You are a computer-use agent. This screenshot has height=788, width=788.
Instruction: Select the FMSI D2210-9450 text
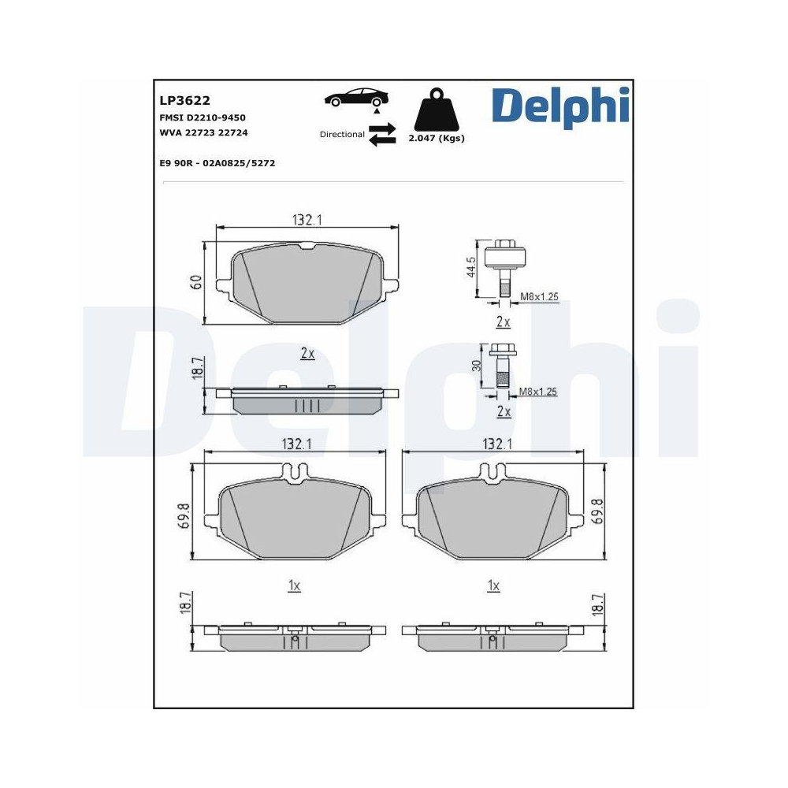click(x=203, y=117)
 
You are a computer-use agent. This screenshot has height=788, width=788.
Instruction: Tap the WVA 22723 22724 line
click(x=203, y=132)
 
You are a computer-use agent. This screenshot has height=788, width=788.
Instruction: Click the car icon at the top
click(x=356, y=98)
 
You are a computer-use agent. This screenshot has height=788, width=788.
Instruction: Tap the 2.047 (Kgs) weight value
click(x=436, y=138)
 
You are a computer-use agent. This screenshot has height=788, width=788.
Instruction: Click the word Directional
click(x=342, y=135)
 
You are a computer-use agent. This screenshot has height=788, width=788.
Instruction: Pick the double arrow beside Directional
click(x=382, y=134)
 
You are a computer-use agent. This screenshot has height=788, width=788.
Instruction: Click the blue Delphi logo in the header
click(x=560, y=106)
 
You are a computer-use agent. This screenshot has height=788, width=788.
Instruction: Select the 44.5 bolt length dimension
click(x=470, y=266)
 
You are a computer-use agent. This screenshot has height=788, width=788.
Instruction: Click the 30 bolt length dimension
click(x=475, y=366)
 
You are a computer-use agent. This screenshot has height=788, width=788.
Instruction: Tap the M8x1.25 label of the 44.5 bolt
click(x=540, y=297)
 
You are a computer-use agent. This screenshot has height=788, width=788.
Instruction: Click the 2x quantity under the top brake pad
click(x=307, y=354)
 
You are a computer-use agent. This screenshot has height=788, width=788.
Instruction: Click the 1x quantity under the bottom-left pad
click(x=294, y=585)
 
